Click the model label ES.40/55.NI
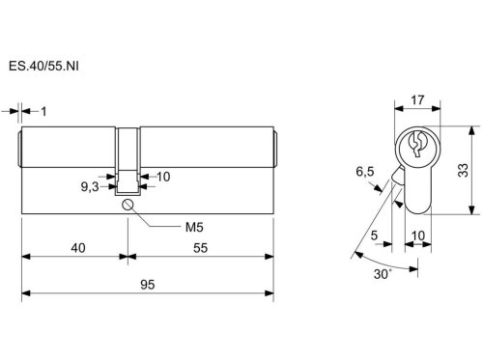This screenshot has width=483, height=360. [43, 67]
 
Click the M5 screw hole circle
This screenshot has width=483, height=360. [128, 205]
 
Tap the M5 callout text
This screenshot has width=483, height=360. [194, 228]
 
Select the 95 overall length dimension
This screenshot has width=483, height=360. [148, 285]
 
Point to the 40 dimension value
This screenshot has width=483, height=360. [78, 248]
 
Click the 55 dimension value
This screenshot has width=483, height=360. [200, 248]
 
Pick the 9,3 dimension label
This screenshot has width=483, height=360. [90, 186]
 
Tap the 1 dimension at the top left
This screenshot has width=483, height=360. [43, 112]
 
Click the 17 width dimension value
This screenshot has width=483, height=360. [417, 100]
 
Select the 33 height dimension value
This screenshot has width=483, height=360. [463, 170]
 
